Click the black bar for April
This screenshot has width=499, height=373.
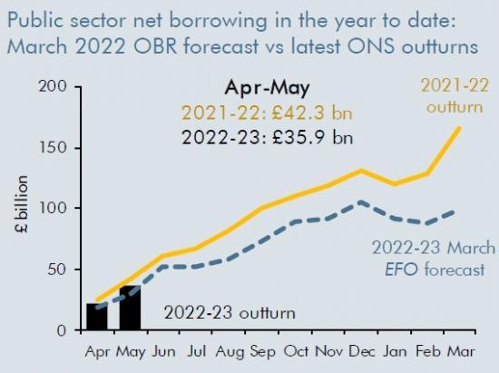click(x=97, y=317)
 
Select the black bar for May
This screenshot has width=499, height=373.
click(x=130, y=309)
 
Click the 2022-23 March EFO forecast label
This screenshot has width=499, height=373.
click(x=434, y=259)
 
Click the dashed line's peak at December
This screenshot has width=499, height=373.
click(x=362, y=202)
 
